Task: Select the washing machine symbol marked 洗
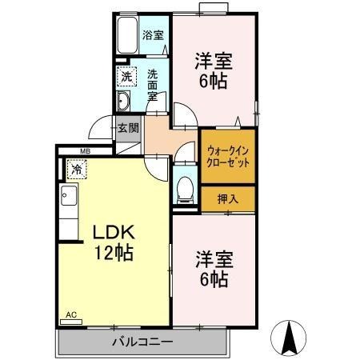coord(127,77)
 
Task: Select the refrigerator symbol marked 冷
coord(76,169)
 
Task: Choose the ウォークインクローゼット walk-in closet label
coord(228,155)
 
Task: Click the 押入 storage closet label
coord(228,198)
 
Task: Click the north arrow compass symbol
coord(293,338)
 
